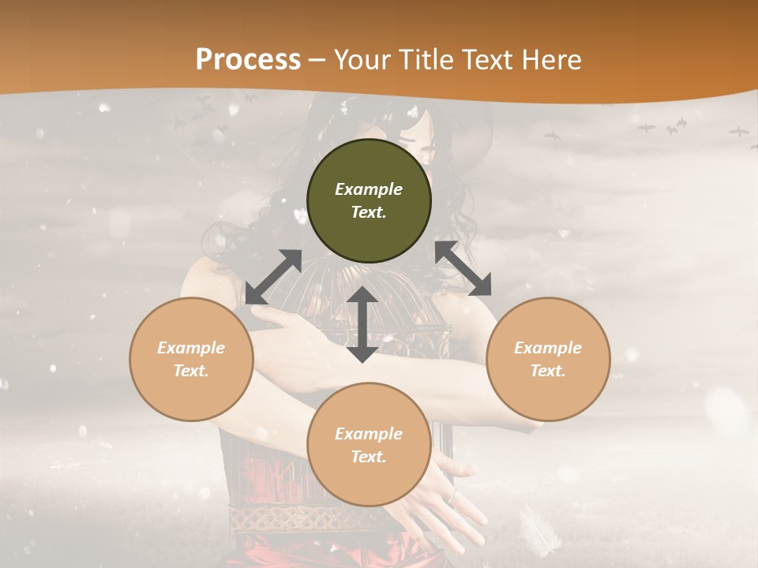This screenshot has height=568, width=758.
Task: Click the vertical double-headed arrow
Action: click(362, 324)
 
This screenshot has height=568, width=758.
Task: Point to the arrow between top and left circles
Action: click(273, 277)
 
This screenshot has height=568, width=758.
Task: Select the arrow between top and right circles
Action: click(463, 268)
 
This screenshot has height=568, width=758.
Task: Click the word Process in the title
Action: click(248, 59)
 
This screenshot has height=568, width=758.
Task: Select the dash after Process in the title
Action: click(317, 60)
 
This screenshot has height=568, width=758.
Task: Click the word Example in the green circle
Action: click(369, 189)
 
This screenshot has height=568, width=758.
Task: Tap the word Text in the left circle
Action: click(191, 371)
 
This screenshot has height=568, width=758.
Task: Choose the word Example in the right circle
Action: click(548, 348)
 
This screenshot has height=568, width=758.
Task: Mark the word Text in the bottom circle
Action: click(369, 457)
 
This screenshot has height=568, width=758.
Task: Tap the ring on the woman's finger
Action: click(452, 496)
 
